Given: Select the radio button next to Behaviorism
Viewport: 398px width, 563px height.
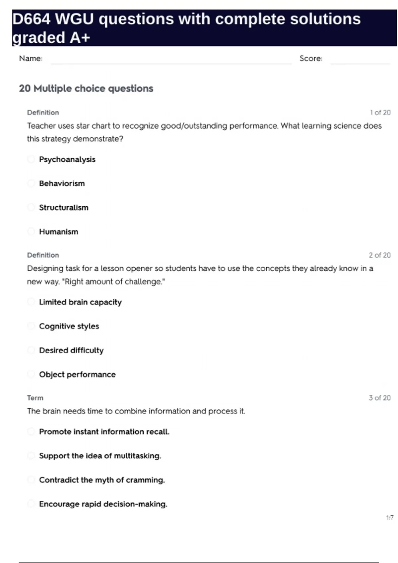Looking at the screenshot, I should point(31,183).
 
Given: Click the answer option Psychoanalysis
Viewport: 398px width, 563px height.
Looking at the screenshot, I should point(67,159).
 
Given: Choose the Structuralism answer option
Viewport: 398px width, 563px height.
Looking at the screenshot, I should point(64,208).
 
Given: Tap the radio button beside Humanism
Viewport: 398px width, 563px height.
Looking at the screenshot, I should point(31,231).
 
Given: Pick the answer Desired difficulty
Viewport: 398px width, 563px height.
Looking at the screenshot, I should point(71,350).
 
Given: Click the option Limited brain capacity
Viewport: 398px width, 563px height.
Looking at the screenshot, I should point(80,302).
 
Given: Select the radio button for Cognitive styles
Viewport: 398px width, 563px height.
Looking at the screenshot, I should point(31,326).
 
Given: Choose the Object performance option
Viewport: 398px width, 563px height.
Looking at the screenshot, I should point(77,375).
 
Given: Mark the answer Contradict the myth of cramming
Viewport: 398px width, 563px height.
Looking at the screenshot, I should point(102,480).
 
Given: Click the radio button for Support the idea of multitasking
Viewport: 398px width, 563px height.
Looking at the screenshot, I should point(31,456).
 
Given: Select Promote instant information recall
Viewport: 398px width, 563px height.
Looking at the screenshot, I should point(104,432).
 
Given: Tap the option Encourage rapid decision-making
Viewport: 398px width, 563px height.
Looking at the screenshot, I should point(103,504).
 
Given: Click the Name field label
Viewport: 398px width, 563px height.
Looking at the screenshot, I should point(31,59).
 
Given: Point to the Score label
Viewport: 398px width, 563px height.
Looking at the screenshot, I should point(311,59).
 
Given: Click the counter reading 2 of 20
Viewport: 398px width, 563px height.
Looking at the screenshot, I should point(380,255).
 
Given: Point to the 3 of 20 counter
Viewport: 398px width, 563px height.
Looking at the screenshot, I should point(380,398).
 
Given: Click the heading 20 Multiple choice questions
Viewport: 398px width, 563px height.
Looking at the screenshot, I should point(86,88).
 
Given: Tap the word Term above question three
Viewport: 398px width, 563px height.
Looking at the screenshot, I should point(35,398).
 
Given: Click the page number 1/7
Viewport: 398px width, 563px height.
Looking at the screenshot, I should point(390,517).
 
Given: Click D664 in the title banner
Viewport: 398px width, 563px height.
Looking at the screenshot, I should point(32,19).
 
